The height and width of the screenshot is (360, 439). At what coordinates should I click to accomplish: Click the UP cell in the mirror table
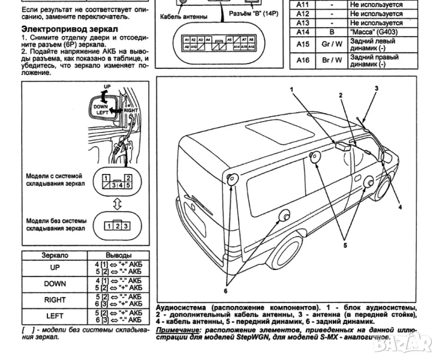coord(55,268)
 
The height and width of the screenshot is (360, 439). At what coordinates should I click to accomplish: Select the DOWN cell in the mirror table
coord(55,284)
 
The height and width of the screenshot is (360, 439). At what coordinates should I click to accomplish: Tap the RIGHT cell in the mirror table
coord(55,299)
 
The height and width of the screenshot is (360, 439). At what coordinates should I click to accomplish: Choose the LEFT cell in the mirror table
coord(55,315)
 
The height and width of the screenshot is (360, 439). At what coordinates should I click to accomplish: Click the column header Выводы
coord(118,255)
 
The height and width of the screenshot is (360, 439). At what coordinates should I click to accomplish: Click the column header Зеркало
coord(55,255)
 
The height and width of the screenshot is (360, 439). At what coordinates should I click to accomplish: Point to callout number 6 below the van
coord(226,290)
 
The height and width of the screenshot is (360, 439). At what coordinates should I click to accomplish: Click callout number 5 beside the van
coord(345,244)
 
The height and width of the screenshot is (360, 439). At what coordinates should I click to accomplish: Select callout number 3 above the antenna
coord(377,88)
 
